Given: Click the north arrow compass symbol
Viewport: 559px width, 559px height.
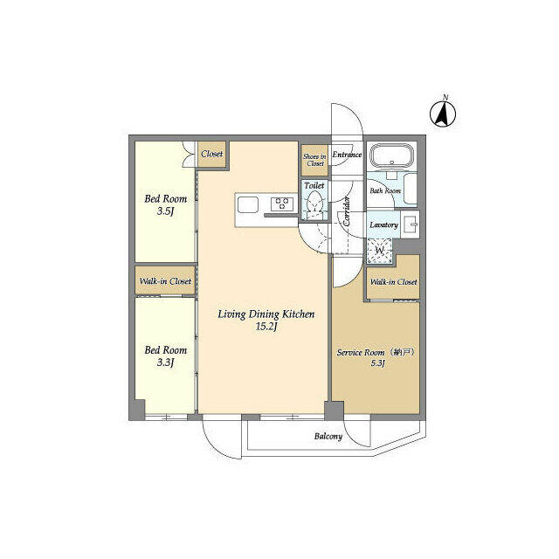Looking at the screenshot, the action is tap(443, 114).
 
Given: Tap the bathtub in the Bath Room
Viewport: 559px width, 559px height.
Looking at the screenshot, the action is tap(392, 155).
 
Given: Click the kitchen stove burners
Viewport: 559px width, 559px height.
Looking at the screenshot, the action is tap(282, 204).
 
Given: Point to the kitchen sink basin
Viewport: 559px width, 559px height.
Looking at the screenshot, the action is tap(248, 204).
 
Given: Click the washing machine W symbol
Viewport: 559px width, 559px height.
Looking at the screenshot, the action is tap(380, 251).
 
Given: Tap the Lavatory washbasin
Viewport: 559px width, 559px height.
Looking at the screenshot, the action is tap(410, 224).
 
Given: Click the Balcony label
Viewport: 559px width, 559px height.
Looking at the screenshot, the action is tap(328, 436).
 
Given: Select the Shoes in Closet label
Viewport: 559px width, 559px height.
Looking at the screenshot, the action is tap(314, 160).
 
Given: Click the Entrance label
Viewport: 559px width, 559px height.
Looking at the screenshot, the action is tap(347, 155).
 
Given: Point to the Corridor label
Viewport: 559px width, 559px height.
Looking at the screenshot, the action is tap(347, 210).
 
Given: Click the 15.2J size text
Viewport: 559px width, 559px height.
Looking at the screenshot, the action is tap(266, 327).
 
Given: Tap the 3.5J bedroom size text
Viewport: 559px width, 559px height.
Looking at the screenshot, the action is tap(165, 211).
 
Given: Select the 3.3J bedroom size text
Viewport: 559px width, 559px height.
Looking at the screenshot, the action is tap(165, 362).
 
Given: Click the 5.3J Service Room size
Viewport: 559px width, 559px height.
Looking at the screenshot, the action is tap(378, 363).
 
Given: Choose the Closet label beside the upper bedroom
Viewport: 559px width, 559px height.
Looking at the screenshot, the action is tap(211, 154).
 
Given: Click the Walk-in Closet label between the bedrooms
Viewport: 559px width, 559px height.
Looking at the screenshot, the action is tap(165, 281).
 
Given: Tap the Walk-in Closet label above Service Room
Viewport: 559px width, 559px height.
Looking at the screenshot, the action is tap(393, 281).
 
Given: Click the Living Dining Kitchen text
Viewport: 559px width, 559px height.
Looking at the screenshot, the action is tap(266, 314).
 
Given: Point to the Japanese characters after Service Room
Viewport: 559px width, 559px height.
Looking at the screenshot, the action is tap(402, 352).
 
